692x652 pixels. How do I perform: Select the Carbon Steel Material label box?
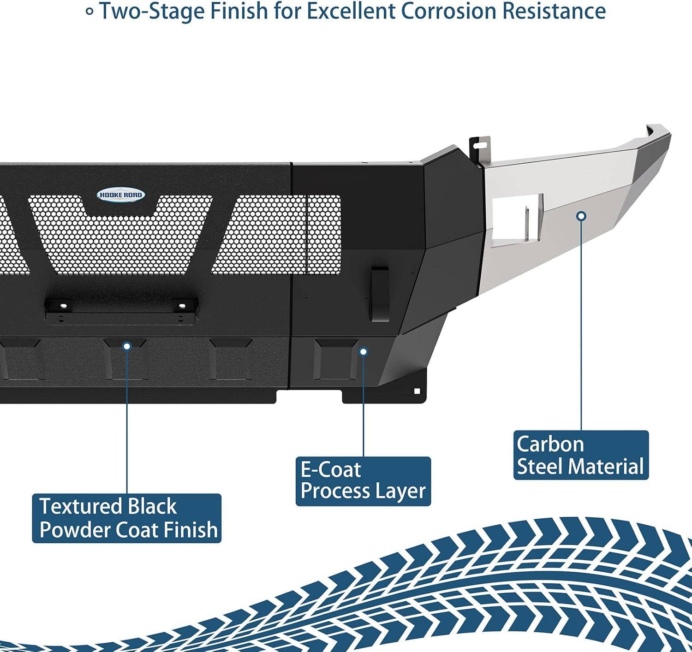[581, 455]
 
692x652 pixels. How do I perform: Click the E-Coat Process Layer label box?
[363, 481]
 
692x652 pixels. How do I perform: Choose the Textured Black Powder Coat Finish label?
[127, 518]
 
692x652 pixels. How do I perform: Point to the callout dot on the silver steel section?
[582, 215]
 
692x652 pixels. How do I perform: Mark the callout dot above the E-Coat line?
[364, 352]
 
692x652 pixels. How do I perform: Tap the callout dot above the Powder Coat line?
[127, 346]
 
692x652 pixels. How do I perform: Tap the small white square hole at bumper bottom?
[417, 391]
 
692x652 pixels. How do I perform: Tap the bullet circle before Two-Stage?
[90, 12]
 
